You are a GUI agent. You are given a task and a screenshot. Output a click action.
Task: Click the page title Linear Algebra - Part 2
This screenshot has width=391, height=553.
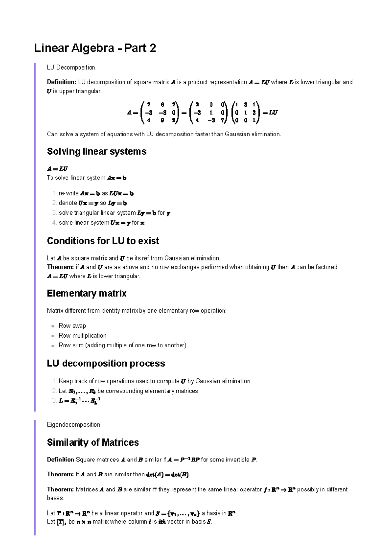(95, 48)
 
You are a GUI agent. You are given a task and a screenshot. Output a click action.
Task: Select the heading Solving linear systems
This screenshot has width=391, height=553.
(96, 151)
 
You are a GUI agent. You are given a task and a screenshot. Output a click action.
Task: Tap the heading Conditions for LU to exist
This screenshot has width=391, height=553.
(103, 241)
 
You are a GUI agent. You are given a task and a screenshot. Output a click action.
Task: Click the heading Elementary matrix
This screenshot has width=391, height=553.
(87, 293)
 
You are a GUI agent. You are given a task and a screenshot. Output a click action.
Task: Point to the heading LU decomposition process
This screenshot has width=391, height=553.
(106, 363)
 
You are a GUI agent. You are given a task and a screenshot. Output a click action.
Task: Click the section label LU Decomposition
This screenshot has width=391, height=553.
(71, 67)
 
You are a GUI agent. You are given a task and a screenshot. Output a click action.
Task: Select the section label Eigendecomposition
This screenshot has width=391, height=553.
(73, 424)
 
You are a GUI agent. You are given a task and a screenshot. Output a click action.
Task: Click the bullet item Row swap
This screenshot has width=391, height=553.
(72, 326)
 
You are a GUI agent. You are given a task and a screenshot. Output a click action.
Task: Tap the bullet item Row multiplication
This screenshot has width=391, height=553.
(82, 335)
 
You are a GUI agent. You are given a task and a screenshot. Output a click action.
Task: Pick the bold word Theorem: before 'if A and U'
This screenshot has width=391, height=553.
(60, 267)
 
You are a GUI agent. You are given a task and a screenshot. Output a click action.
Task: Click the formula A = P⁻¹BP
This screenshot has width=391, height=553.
(183, 460)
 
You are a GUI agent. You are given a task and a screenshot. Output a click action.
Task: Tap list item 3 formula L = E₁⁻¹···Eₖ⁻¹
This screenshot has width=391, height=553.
(80, 401)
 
